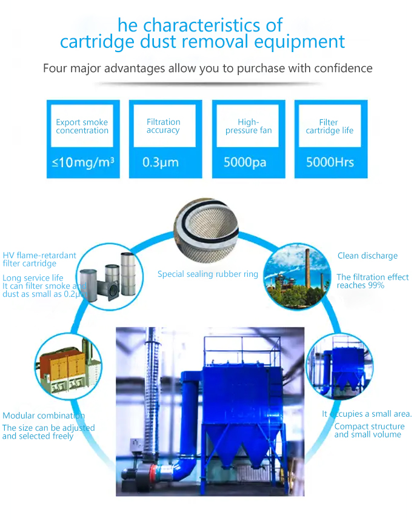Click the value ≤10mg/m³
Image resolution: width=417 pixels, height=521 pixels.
(x=83, y=162)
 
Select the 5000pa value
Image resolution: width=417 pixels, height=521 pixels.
(x=245, y=162)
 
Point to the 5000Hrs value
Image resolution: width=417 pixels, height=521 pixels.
(x=330, y=162)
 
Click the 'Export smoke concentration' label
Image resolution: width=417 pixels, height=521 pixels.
(x=82, y=126)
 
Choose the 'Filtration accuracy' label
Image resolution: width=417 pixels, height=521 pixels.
(x=163, y=125)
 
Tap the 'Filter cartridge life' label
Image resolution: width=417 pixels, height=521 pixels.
(x=329, y=126)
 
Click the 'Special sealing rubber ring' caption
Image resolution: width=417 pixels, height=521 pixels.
(x=208, y=274)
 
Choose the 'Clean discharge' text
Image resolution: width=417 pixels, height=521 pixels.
(x=367, y=256)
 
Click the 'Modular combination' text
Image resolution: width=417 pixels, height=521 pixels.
(x=43, y=416)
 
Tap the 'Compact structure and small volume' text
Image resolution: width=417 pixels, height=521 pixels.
(x=369, y=430)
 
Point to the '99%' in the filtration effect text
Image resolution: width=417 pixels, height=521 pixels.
(x=376, y=285)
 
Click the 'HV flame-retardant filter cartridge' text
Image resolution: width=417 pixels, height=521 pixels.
(x=39, y=259)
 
